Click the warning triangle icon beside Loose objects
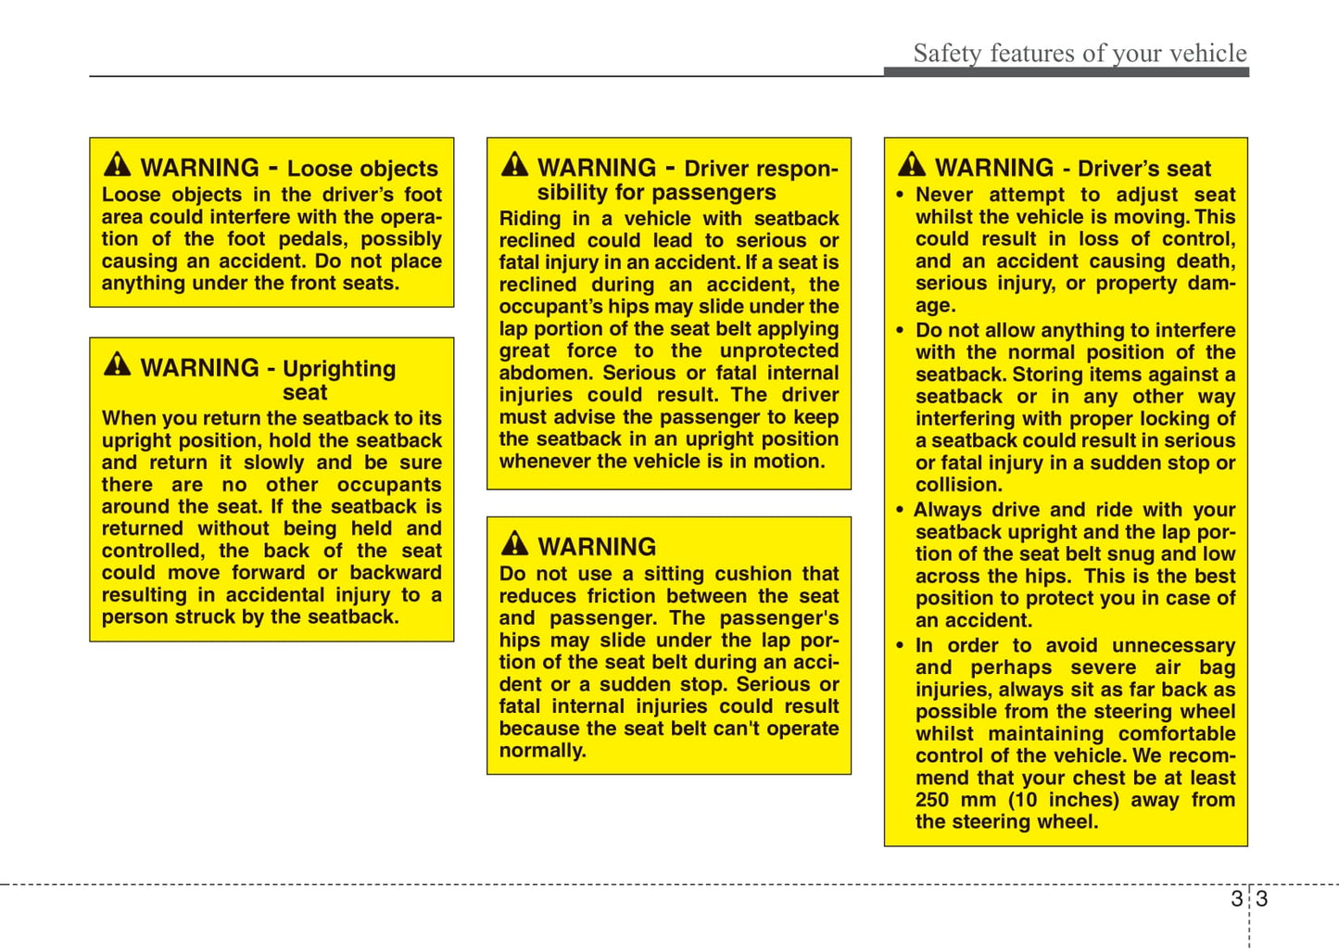(x=118, y=165)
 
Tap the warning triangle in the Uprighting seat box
(x=118, y=364)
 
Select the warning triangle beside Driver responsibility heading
(x=514, y=165)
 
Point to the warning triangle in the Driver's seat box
(x=912, y=165)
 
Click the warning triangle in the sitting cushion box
(x=514, y=543)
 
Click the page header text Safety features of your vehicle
(x=1080, y=53)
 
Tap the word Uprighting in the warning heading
(x=339, y=369)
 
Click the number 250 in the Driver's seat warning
(x=932, y=800)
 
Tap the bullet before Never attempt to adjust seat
(x=900, y=196)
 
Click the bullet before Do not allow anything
(x=900, y=331)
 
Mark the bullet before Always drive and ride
(x=900, y=511)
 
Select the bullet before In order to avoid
(x=900, y=646)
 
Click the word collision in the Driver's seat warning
(x=957, y=485)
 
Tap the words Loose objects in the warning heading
(x=362, y=169)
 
